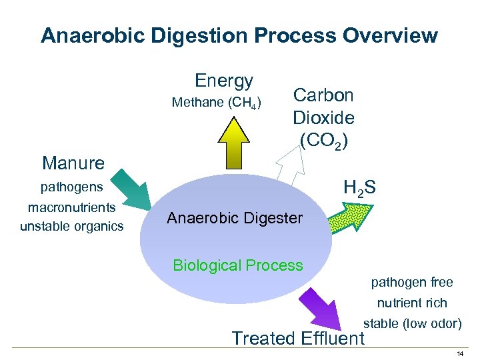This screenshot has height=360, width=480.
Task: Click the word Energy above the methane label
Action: click(x=224, y=81)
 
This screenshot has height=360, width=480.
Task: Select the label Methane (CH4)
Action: click(x=217, y=103)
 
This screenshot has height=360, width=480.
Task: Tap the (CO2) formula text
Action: click(x=323, y=140)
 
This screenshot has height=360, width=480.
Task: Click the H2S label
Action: click(x=359, y=189)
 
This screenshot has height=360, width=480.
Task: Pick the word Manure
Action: click(x=73, y=163)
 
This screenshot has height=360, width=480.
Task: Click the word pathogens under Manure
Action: click(x=72, y=187)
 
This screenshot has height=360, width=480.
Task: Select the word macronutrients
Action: click(x=71, y=207)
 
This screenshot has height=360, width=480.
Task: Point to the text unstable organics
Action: click(x=71, y=226)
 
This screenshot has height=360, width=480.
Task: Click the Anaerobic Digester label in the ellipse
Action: click(x=235, y=218)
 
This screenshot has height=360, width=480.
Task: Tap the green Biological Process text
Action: click(x=238, y=265)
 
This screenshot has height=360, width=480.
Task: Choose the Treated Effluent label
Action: click(x=298, y=338)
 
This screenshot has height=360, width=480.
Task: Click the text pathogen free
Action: click(x=412, y=282)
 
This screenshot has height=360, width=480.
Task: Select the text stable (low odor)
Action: click(x=412, y=324)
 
